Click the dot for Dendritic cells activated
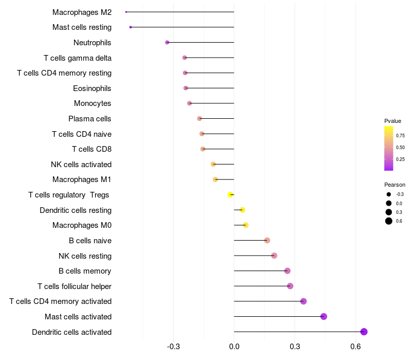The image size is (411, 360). coord(364,332)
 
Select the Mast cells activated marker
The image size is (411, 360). coord(324,316)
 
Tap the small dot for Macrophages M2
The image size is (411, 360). coord(126,12)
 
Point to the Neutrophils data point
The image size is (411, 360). coord(167,42)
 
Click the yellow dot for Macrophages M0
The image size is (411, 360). coord(246,225)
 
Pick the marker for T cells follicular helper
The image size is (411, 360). coord(290,286)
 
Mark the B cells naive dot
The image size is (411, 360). coord(267,240)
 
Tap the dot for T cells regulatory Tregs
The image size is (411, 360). coord(231,194)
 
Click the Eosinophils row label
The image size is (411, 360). coord(92,88)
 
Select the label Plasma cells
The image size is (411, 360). coord(90,119)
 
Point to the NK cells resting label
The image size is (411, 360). coord(85,256)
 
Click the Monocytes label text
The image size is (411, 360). coord(92,103)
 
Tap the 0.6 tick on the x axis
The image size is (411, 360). coord(356,347)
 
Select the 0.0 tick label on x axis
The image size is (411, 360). coord(234,347)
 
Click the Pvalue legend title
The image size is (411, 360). coord(393,121)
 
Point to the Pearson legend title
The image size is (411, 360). coord(395,185)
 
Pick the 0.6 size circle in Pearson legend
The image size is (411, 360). coord(389,221)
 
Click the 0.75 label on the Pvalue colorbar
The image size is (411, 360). coord(400,136)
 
